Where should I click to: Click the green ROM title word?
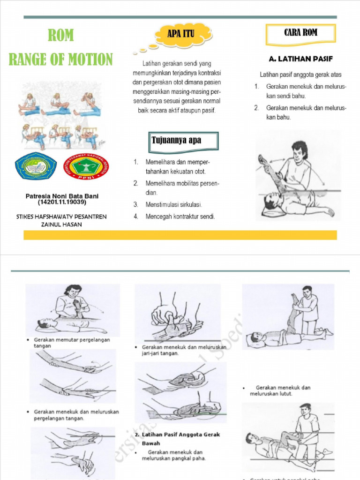click(x=60, y=36)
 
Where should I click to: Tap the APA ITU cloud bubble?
click(x=181, y=33)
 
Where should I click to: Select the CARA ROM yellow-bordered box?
click(x=300, y=33)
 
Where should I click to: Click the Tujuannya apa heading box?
click(x=184, y=141)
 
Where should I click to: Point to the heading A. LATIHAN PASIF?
click(x=300, y=60)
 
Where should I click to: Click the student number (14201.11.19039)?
click(x=62, y=202)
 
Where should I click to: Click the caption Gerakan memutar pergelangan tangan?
click(x=70, y=343)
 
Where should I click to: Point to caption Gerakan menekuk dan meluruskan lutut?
click(x=280, y=391)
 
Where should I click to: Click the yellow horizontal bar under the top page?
click(x=180, y=235)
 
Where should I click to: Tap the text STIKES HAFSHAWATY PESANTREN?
click(x=61, y=217)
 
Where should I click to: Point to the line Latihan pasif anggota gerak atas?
click(x=300, y=75)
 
